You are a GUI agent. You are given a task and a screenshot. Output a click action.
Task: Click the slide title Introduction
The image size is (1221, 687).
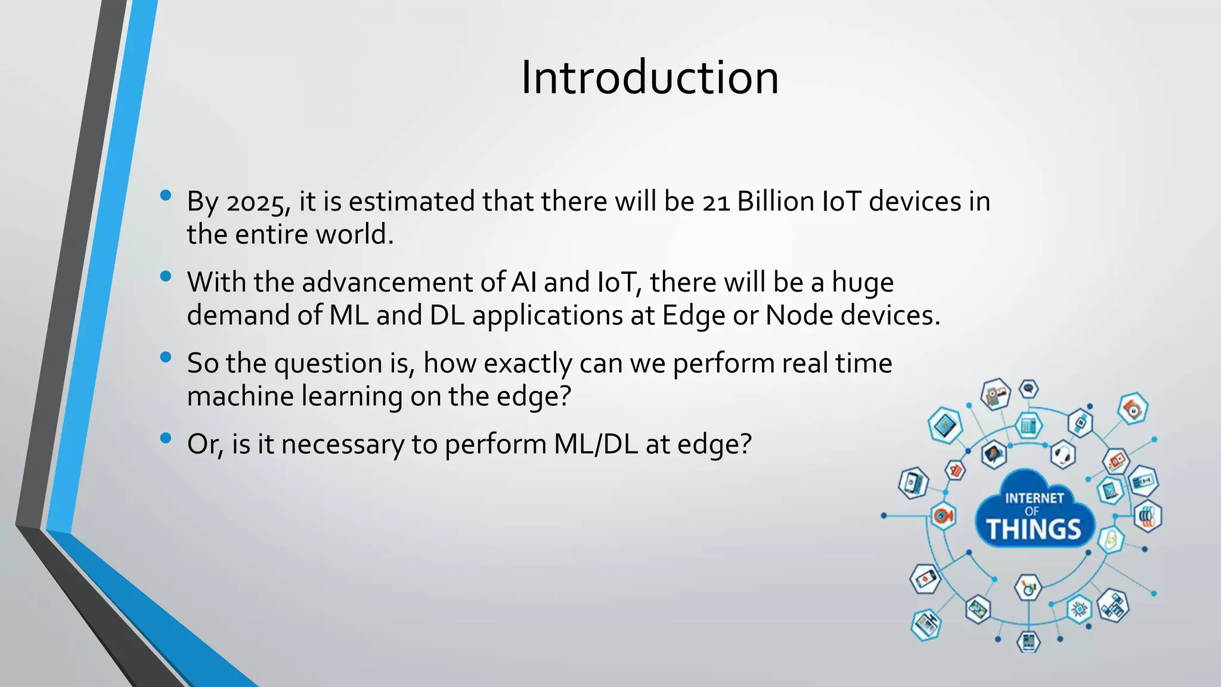[649, 78]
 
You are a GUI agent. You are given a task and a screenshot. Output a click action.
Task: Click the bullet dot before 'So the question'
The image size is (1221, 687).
[166, 357]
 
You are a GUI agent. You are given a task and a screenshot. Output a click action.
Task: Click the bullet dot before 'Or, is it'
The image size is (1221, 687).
[166, 438]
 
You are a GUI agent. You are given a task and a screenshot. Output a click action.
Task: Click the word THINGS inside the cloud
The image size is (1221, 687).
[1033, 530]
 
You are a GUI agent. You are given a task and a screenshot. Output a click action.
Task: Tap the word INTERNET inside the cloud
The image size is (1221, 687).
[1034, 498]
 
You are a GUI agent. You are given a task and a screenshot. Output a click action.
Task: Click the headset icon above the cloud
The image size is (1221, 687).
[1062, 455]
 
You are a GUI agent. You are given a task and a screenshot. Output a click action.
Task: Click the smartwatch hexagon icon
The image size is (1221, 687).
[1080, 423]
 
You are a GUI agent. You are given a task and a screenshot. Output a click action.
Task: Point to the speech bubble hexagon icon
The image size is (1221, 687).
[1028, 389]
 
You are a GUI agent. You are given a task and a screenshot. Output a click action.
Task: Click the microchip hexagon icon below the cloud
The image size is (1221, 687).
[1079, 609]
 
